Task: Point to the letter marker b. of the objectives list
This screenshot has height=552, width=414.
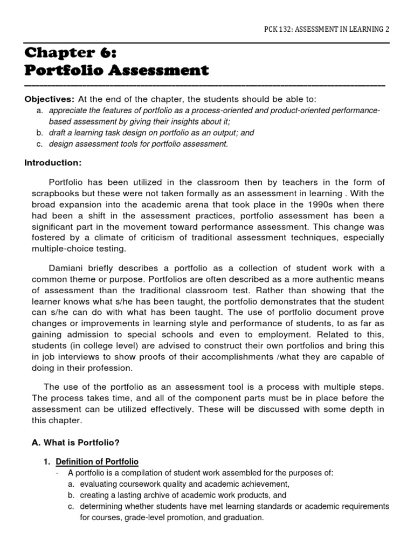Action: click(40, 133)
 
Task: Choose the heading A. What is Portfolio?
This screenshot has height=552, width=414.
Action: click(75, 443)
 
